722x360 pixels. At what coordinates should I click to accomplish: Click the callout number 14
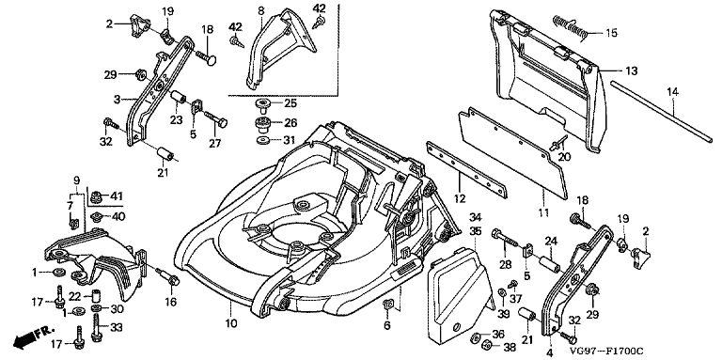(x=672, y=92)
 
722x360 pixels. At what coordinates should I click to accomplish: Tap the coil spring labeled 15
(x=570, y=26)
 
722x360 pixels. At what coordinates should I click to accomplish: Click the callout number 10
(x=231, y=323)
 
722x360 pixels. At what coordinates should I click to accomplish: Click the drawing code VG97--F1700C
(x=605, y=352)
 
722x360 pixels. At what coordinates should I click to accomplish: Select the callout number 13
(x=632, y=71)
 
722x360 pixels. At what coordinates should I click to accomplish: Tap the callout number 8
(x=261, y=9)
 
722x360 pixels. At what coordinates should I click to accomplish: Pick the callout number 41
(x=118, y=196)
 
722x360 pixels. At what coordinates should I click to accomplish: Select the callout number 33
(x=118, y=327)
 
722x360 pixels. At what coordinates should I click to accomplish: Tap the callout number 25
(x=291, y=102)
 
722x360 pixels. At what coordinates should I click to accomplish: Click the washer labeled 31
(x=262, y=139)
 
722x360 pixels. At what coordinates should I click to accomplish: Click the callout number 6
(x=386, y=325)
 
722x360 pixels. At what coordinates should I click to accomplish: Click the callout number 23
(x=177, y=120)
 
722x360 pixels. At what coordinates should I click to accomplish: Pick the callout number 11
(x=543, y=212)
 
